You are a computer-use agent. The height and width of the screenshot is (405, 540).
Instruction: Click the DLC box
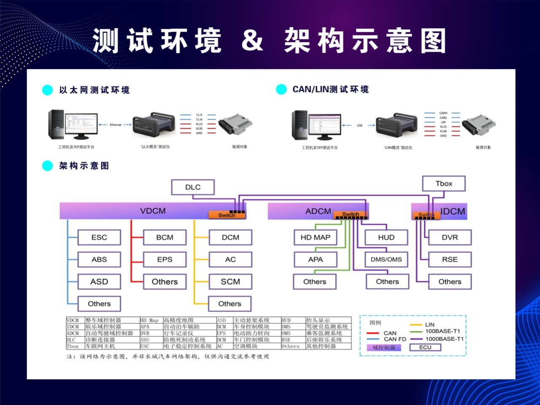[x=193, y=187]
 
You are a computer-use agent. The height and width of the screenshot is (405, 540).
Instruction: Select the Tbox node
[x=444, y=184]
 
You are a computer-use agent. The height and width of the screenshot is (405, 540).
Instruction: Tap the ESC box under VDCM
[x=99, y=238]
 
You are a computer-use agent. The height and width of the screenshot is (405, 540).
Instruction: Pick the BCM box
[x=165, y=238]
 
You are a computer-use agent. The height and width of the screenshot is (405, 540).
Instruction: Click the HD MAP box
[x=315, y=238]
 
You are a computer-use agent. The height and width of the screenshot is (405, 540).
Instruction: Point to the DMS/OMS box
[x=386, y=259]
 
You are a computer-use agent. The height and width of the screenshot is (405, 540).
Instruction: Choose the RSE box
[x=450, y=259]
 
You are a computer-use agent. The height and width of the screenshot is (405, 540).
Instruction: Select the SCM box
[x=230, y=281]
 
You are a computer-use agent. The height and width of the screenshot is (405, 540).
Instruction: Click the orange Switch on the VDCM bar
[x=227, y=215]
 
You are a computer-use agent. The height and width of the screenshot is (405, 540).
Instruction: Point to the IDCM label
[x=453, y=211]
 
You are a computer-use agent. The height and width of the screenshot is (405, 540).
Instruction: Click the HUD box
[x=386, y=238]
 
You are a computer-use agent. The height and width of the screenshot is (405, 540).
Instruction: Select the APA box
[x=315, y=259]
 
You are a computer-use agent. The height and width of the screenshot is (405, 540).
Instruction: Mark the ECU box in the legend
[x=425, y=347]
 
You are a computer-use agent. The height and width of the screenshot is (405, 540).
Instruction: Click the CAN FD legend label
[x=395, y=339]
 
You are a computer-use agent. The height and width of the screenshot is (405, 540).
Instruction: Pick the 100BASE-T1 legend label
[x=443, y=331]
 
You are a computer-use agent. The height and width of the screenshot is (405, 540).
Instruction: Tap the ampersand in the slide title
[x=252, y=40]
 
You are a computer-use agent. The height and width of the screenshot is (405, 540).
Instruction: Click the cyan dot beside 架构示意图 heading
[x=48, y=166]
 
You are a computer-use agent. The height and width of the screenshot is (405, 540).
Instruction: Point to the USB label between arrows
[x=359, y=125]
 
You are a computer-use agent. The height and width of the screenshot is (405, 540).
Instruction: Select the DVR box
[x=450, y=238]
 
